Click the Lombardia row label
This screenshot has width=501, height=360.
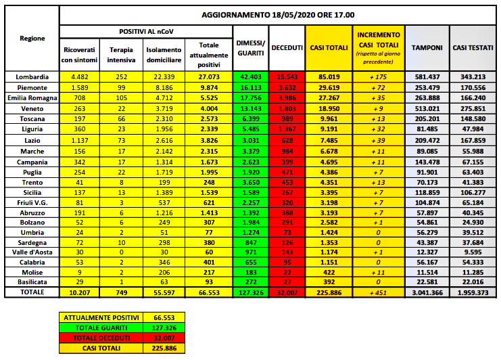tap(31, 76)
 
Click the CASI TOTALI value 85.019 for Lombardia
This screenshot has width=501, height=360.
tap(328, 76)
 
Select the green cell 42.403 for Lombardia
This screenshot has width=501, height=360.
tap(250, 76)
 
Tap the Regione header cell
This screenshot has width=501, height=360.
tap(31, 39)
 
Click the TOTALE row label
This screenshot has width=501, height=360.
tap(31, 292)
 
